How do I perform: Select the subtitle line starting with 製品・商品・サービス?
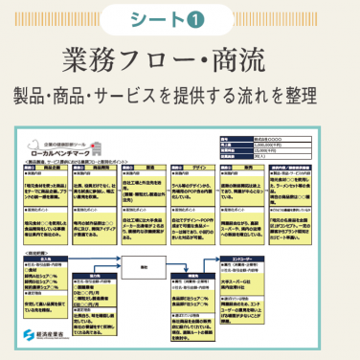coord(180,96)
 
